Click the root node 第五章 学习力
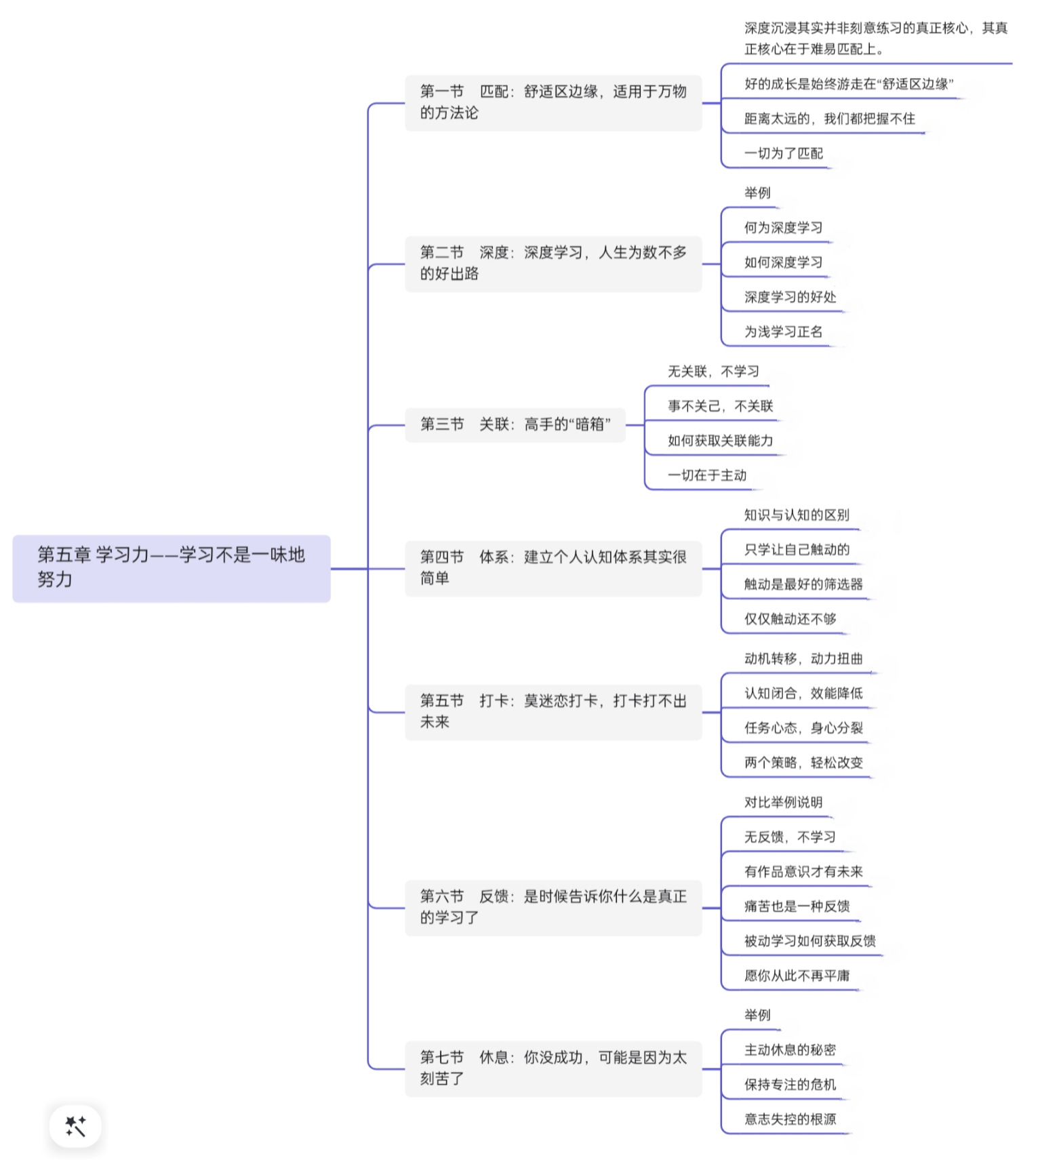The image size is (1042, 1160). (x=172, y=568)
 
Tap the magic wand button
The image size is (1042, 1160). (x=75, y=1126)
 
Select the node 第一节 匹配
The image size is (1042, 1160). (x=553, y=102)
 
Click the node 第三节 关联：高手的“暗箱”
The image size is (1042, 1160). (x=515, y=424)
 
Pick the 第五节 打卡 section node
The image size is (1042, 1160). (x=553, y=712)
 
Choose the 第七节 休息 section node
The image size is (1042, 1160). (x=553, y=1068)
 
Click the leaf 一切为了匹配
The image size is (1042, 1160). (x=784, y=153)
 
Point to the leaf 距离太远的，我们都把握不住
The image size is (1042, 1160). (x=830, y=119)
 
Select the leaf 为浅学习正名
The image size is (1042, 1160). (x=784, y=332)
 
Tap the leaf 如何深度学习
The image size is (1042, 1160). (x=784, y=262)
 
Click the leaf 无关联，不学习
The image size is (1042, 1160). (x=713, y=372)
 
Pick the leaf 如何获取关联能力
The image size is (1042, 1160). (x=720, y=441)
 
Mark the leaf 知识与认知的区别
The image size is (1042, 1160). (x=797, y=515)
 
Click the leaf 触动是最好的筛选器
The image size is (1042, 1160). (x=803, y=584)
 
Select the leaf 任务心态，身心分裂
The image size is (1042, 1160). (x=803, y=728)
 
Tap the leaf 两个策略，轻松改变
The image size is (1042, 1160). (x=803, y=763)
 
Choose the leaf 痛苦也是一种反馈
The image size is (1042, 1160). (x=797, y=906)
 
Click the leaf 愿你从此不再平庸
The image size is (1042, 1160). (x=797, y=976)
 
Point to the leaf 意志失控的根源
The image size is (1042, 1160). (x=790, y=1119)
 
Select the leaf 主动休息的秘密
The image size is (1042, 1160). (x=790, y=1050)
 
